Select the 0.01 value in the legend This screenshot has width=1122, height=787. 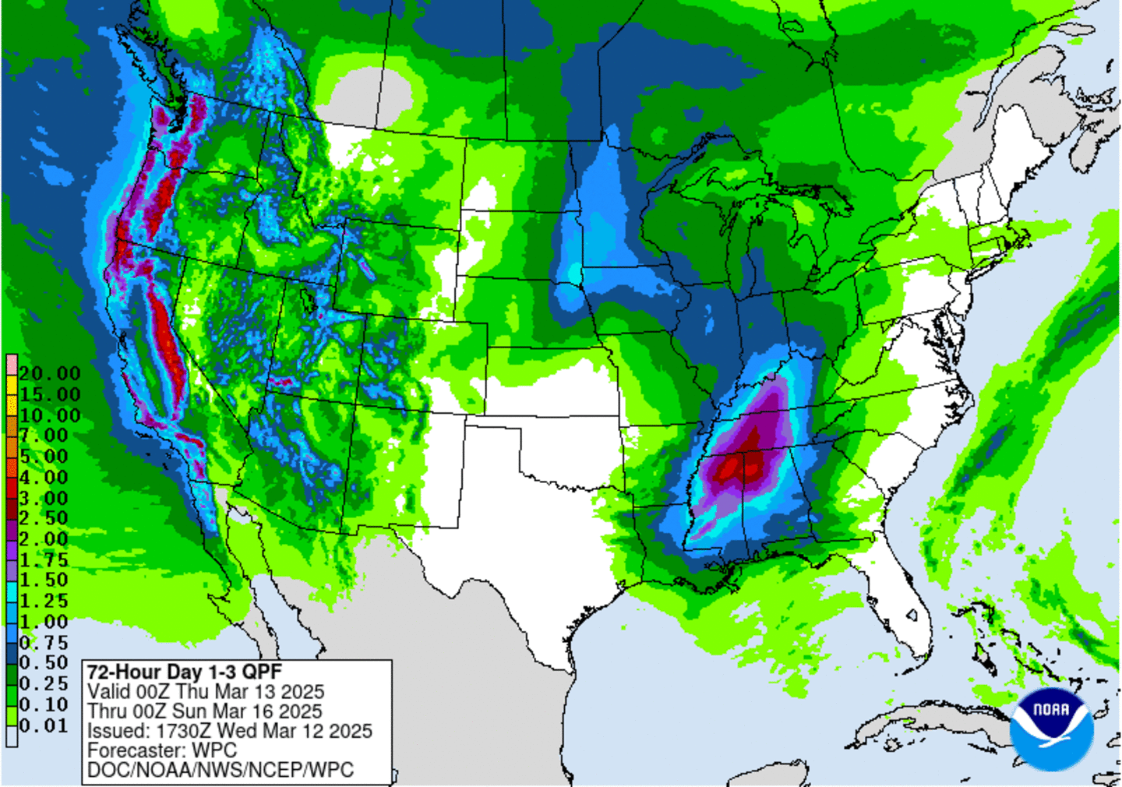pos(44,726)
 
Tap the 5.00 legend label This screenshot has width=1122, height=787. pos(44,457)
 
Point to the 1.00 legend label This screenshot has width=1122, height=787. pos(44,622)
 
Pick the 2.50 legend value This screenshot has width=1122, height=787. pos(44,518)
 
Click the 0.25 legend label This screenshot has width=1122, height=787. pos(44,684)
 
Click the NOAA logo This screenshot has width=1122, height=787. pos(1051,728)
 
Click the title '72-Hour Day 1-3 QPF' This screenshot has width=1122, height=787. pos(184,672)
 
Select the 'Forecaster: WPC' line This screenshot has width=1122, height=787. pos(161,750)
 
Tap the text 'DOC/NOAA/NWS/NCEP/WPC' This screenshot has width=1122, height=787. pos(220,770)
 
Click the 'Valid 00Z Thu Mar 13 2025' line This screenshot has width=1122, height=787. pos(206,692)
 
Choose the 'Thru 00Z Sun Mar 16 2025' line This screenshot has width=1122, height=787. pos(204,711)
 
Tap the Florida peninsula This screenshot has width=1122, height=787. pos(904,592)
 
